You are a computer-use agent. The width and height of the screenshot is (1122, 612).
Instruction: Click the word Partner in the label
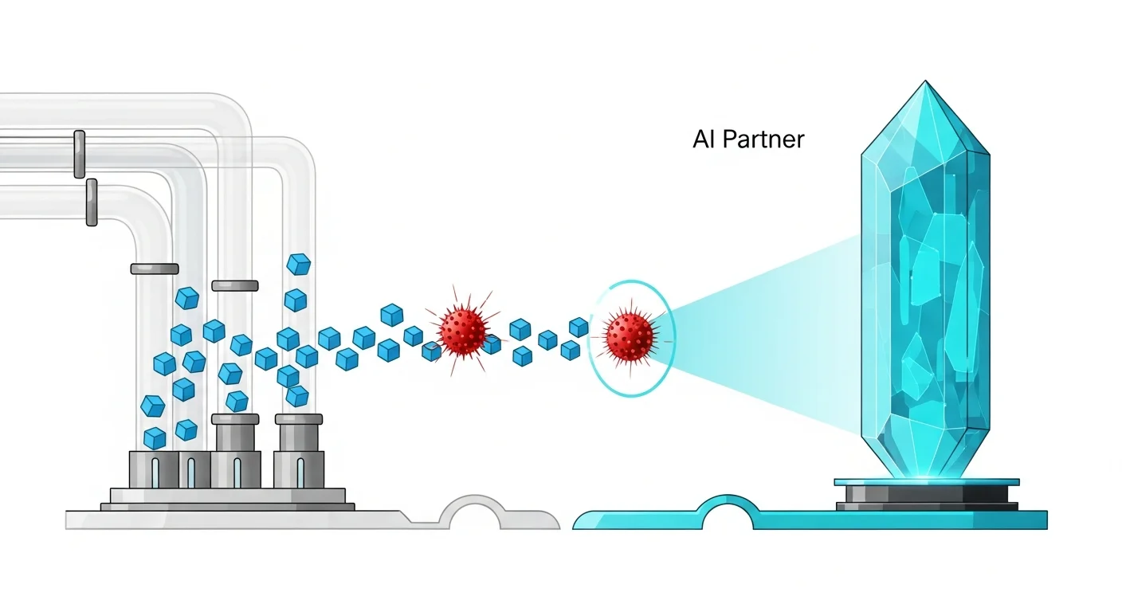763,140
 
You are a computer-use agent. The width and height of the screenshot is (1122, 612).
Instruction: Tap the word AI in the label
704,139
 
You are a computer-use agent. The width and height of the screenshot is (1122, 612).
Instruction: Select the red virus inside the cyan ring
629,335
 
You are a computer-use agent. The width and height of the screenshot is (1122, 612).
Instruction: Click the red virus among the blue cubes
462,328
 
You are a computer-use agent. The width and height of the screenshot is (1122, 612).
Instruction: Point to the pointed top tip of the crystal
925,83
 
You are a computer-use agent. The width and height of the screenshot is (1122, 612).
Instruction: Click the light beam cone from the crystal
765,335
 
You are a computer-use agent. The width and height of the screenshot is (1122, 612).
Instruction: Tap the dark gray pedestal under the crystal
926,496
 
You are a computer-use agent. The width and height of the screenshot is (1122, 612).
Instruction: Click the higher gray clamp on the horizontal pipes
79,154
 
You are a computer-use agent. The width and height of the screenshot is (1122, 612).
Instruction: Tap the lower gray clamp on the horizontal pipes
92,202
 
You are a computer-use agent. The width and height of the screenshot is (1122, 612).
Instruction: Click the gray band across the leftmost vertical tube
155,269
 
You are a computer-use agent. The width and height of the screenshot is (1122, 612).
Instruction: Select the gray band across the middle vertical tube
235,285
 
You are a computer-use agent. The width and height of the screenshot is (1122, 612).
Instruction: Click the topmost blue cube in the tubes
298,264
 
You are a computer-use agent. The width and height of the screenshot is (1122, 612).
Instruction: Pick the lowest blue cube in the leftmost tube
155,437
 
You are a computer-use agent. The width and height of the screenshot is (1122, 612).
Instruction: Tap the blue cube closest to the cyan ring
579,327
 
